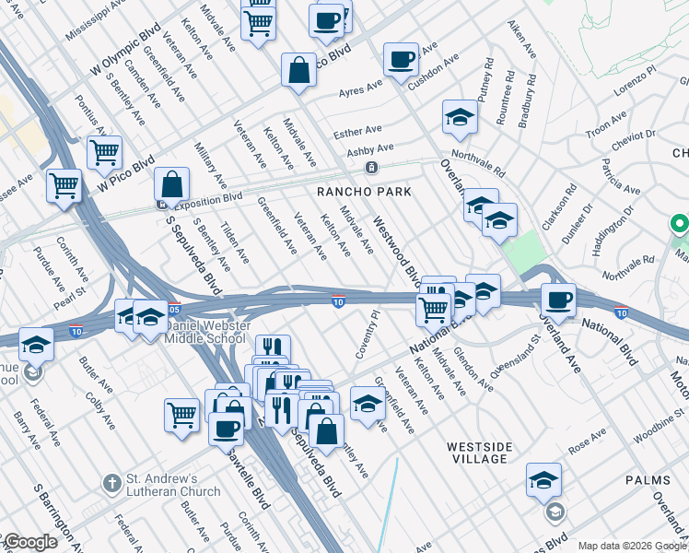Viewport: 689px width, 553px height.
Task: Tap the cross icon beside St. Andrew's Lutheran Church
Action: coord(111,483)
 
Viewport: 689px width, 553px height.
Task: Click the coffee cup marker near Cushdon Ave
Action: coord(401,60)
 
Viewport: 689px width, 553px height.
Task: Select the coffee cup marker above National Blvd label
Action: coord(557,299)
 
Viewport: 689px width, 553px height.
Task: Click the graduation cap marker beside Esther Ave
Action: coord(460,116)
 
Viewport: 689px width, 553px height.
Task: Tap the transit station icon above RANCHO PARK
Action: coord(370,168)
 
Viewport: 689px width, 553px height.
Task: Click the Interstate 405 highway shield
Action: coord(174,310)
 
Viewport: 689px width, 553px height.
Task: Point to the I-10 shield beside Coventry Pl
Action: coord(339,300)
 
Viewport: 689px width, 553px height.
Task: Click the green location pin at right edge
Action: coord(679,224)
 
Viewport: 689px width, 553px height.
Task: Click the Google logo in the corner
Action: coord(31,542)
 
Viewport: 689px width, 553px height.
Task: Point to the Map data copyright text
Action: coord(632,546)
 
